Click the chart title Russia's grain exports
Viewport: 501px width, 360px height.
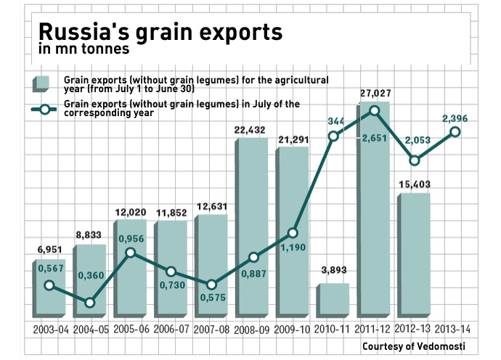click(x=160, y=33)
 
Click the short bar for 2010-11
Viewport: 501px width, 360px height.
click(x=333, y=300)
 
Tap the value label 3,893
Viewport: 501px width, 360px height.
click(x=335, y=271)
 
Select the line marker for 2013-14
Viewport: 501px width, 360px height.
click(x=455, y=131)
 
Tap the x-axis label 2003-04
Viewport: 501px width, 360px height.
click(x=52, y=330)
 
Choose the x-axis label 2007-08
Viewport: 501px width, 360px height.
click(x=212, y=330)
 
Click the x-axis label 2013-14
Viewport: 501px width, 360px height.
click(x=453, y=330)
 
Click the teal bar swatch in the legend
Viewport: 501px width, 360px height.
click(x=42, y=83)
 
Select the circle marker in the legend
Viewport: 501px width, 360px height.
click(x=46, y=110)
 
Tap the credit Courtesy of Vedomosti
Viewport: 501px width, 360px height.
click(x=414, y=345)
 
